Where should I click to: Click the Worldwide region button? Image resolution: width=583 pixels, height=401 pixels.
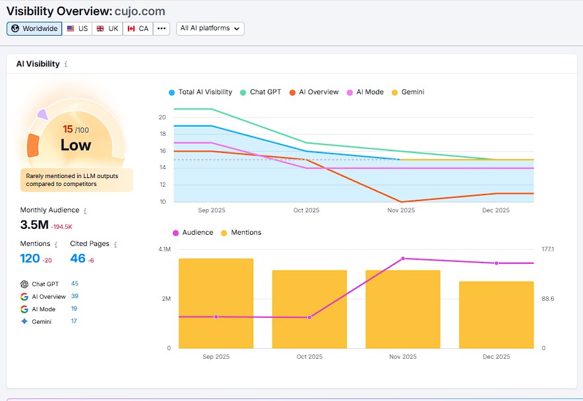pyautogui.click(x=34, y=29)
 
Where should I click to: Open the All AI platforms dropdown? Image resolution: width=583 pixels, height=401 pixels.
pyautogui.click(x=210, y=28)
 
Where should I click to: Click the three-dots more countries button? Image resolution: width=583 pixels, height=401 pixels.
pyautogui.click(x=162, y=29)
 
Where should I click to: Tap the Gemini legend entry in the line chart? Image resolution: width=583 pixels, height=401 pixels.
pyautogui.click(x=408, y=92)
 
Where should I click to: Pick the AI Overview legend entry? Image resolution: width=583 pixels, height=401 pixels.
pyautogui.click(x=314, y=92)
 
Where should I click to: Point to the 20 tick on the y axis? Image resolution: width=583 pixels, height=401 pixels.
pyautogui.click(x=162, y=117)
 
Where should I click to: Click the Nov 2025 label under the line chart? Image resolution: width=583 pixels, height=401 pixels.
pyautogui.click(x=400, y=210)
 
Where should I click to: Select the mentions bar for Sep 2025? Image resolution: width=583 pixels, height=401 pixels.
pyautogui.click(x=216, y=303)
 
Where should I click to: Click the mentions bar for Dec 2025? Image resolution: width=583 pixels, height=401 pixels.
pyautogui.click(x=496, y=315)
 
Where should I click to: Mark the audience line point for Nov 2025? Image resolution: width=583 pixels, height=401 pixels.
pyautogui.click(x=403, y=259)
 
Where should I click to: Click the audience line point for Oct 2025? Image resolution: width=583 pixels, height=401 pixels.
pyautogui.click(x=309, y=317)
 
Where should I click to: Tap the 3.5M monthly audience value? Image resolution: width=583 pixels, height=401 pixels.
pyautogui.click(x=33, y=225)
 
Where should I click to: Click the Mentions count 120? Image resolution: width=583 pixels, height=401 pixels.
pyautogui.click(x=30, y=258)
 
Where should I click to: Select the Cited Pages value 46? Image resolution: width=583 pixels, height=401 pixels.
pyautogui.click(x=78, y=258)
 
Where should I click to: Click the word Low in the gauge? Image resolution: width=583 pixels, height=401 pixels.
pyautogui.click(x=76, y=145)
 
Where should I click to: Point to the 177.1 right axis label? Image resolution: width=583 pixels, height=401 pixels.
pyautogui.click(x=547, y=249)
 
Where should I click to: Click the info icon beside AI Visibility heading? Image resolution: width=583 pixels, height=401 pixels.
pyautogui.click(x=66, y=65)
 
